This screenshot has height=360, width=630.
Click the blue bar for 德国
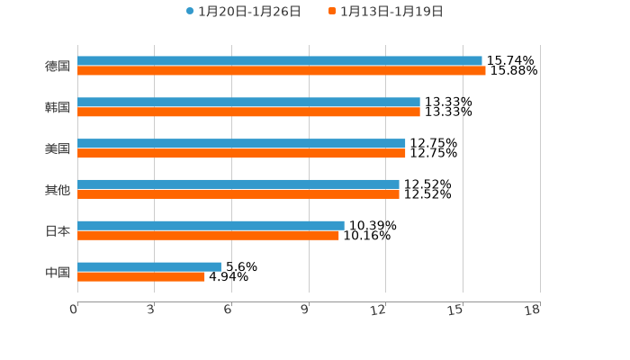(279, 61)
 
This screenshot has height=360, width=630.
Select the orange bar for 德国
(281, 71)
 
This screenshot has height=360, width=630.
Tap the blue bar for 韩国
(248, 103)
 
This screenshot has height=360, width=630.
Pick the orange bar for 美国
(241, 154)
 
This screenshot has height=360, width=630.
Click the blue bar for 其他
(238, 184)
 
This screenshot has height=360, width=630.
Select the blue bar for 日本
(211, 226)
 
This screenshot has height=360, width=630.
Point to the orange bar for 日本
(208, 236)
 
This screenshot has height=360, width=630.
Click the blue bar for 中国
(149, 267)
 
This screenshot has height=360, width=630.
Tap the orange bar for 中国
(141, 277)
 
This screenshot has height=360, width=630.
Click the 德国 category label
(58, 66)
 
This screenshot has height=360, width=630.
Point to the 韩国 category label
(58, 107)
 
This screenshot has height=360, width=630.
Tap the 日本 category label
(58, 230)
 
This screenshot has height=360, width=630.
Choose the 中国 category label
(58, 272)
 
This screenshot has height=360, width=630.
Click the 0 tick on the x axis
(74, 310)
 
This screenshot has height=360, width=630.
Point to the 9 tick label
(305, 310)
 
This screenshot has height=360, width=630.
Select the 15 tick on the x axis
(456, 310)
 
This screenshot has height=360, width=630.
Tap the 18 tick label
(533, 310)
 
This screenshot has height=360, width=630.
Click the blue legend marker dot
(190, 12)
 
